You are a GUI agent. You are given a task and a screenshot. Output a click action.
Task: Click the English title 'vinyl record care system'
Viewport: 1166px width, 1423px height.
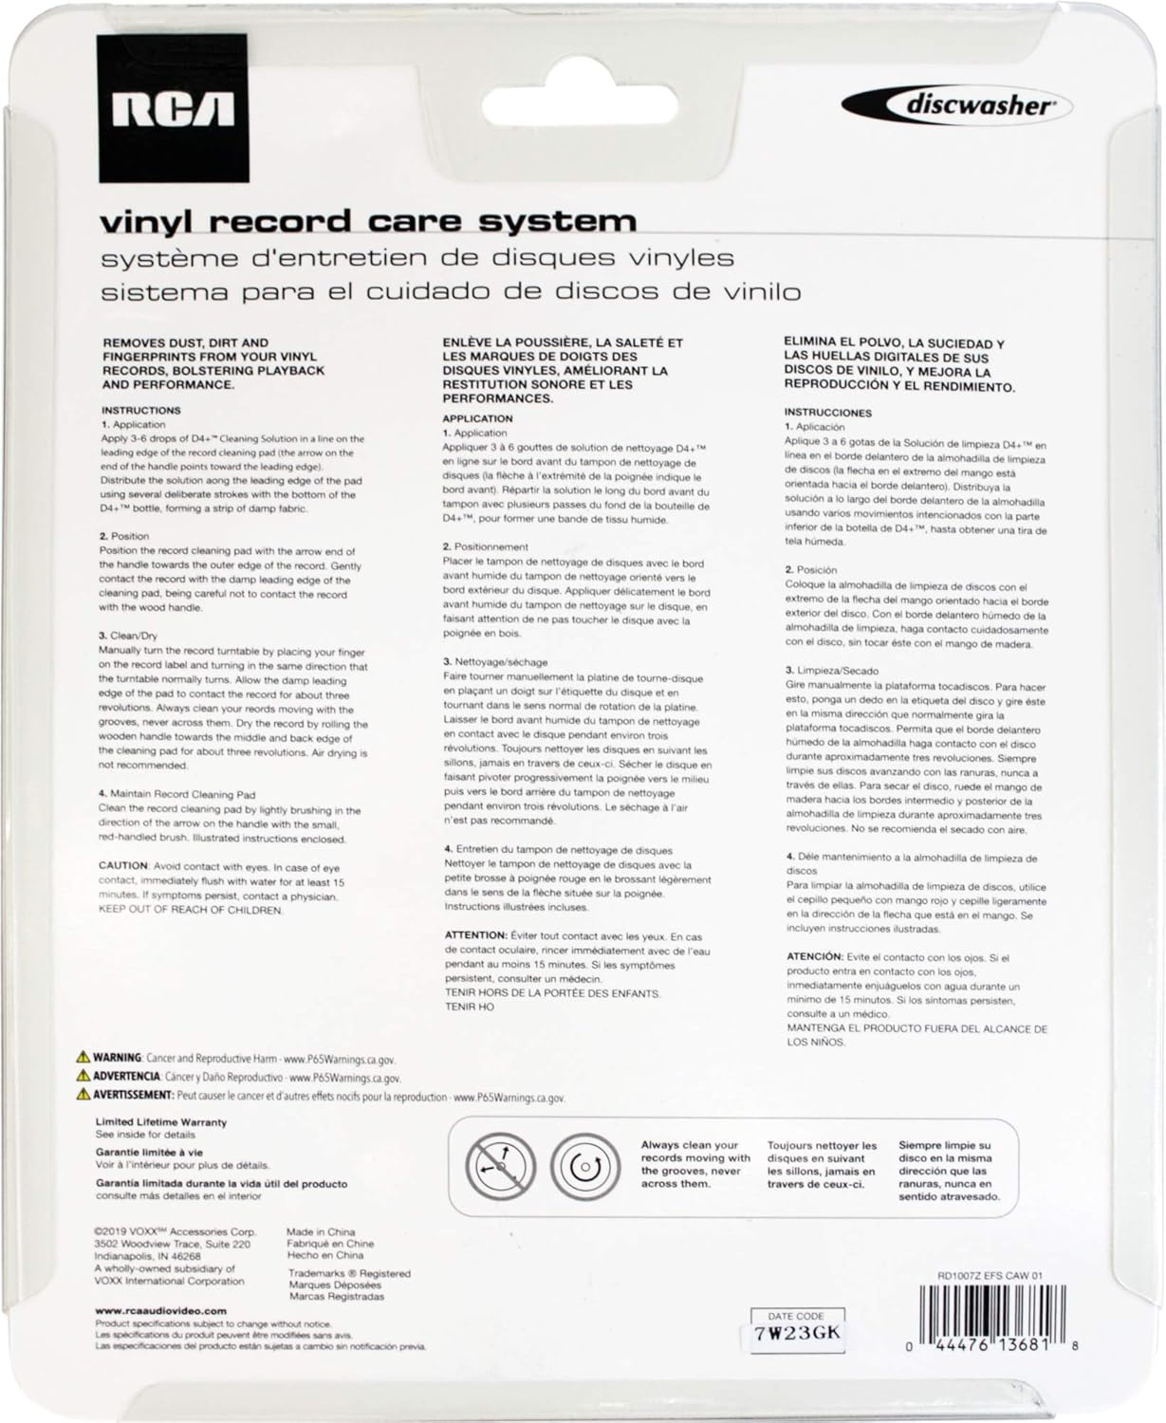[x=368, y=221]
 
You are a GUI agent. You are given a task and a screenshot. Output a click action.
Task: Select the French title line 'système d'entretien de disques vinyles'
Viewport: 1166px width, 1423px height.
[x=417, y=257]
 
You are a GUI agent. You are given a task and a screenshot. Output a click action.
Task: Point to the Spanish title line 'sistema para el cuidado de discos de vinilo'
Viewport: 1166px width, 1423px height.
[x=451, y=291]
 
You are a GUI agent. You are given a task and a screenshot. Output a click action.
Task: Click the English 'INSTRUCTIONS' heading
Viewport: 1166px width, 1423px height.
[x=140, y=411]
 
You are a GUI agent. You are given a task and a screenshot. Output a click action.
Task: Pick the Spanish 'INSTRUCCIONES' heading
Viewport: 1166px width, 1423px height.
[x=827, y=413]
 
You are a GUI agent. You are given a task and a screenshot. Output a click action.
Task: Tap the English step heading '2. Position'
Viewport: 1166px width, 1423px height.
[x=124, y=536]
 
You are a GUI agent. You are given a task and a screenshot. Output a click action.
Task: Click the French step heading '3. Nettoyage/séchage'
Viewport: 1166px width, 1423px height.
[x=495, y=661]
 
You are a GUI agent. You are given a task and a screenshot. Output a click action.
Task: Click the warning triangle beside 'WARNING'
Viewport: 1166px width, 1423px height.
[x=83, y=1057]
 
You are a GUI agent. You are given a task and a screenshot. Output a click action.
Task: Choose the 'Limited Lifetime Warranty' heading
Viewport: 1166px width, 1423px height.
[x=161, y=1122]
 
